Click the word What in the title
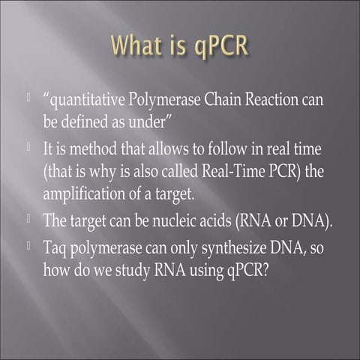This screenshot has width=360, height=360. click(x=137, y=46)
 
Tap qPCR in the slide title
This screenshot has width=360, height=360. click(x=217, y=47)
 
